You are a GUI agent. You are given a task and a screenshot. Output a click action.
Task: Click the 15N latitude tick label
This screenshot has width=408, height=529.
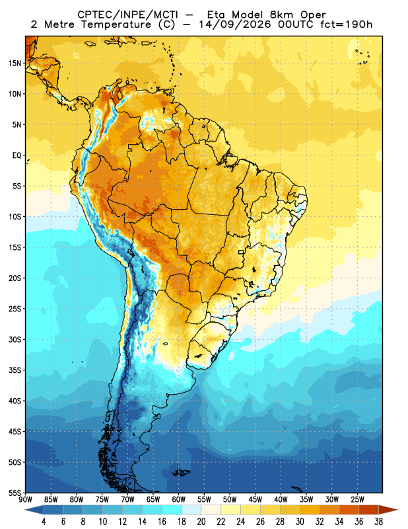(15, 63)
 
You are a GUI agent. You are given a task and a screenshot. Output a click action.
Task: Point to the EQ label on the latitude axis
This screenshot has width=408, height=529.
(17, 155)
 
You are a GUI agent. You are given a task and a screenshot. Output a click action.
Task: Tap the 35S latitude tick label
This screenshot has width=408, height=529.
(15, 370)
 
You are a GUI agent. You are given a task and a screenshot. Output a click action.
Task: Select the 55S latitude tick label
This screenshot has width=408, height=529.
(15, 493)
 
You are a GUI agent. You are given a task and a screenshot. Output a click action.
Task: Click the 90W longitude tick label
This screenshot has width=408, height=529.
(26, 500)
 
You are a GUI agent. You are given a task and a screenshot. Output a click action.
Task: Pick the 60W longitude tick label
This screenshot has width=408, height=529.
(178, 500)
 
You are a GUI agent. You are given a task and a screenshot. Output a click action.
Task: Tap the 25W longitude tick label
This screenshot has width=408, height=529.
(357, 500)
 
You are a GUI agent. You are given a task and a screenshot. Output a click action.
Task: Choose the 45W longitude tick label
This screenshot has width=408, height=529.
(255, 500)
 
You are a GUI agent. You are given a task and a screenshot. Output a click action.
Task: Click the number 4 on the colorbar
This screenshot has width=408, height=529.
(44, 522)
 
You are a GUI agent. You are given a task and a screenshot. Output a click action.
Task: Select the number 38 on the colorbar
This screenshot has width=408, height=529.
(378, 522)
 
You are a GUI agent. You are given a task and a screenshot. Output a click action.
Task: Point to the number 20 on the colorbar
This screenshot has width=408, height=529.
(201, 522)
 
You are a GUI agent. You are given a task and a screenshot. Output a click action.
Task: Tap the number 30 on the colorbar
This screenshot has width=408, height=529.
(300, 522)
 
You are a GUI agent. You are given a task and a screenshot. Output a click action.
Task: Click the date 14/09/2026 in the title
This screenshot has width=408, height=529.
(235, 24)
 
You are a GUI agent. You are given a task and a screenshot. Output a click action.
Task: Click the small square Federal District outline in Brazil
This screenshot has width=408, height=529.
(241, 252)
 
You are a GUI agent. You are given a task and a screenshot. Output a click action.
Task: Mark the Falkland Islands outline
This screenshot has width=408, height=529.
(181, 473)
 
